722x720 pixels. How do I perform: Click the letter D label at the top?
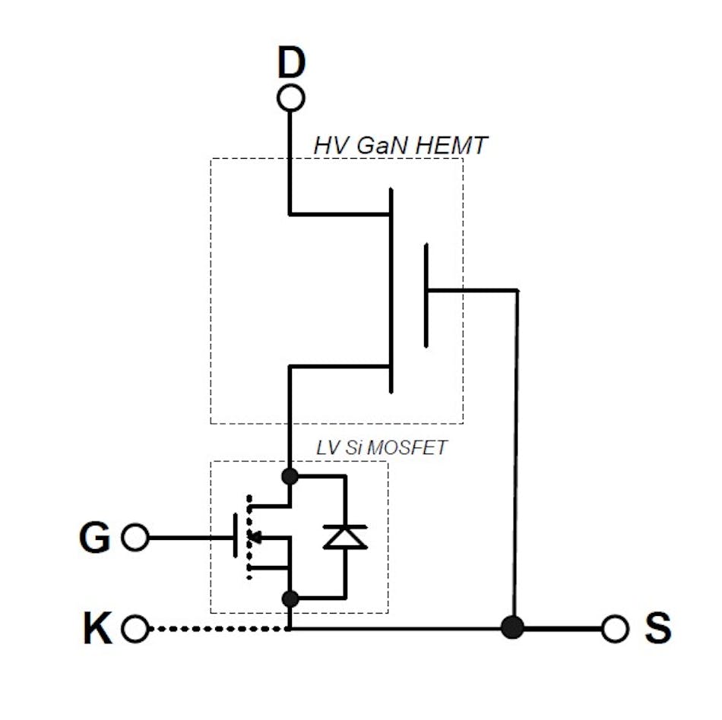(290, 64)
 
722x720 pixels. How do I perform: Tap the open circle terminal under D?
(290, 98)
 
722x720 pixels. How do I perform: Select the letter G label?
(95, 538)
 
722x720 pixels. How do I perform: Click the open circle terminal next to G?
(135, 538)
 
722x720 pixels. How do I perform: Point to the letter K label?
(97, 630)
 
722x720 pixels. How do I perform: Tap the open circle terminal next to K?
(135, 629)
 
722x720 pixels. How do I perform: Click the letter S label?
(657, 630)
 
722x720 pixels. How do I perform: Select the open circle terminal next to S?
(614, 629)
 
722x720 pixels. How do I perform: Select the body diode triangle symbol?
(345, 538)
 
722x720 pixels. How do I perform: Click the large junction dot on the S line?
(514, 628)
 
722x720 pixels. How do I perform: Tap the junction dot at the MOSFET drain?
(290, 476)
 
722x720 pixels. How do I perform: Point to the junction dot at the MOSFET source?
(290, 598)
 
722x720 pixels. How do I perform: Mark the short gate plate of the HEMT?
(426, 295)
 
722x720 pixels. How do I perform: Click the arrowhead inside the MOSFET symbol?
(257, 538)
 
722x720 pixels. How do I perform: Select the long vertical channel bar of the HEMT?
(391, 291)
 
